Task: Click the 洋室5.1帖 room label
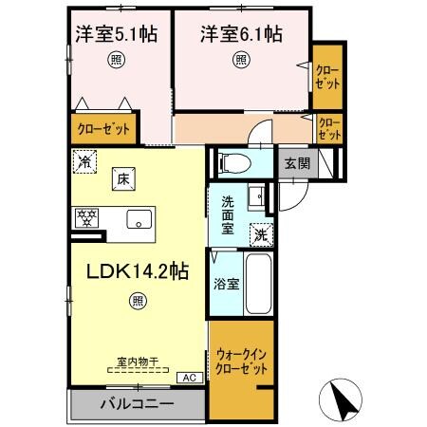[x=116, y=35]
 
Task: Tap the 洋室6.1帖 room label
[x=240, y=35]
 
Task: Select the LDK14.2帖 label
[x=138, y=269]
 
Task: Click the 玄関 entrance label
[x=296, y=162]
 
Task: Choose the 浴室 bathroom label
[x=226, y=282]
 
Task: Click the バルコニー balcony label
[x=138, y=403]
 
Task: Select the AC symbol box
[x=189, y=377]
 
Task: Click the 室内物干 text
[x=137, y=362]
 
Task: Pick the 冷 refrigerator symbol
[x=85, y=162]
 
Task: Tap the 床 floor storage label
[x=122, y=176]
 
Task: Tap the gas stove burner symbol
[x=86, y=218]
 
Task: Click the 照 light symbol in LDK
[x=139, y=302]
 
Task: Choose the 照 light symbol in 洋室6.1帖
[x=240, y=61]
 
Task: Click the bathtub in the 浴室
[x=259, y=282]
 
